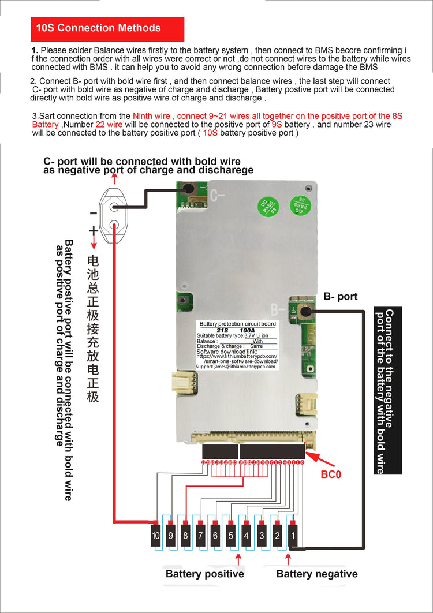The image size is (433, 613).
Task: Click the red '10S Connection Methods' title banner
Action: tap(107, 28)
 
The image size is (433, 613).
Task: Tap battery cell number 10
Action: tap(156, 536)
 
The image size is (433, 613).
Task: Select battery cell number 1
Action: tap(292, 536)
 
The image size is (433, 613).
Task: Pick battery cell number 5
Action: tap(231, 536)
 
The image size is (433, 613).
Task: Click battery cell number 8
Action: tap(185, 536)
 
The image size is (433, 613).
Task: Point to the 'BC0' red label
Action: tap(331, 474)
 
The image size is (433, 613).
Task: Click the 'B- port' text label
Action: tap(340, 297)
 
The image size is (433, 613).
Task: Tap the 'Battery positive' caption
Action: tap(204, 574)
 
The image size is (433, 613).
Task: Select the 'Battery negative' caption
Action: tap(316, 574)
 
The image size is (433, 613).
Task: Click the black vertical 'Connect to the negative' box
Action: tap(388, 390)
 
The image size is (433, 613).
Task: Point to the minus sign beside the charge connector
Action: tap(93, 213)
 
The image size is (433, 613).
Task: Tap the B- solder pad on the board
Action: tap(304, 312)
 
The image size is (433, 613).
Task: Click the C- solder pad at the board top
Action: tap(188, 188)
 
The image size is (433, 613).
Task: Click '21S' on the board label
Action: tap(222, 330)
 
